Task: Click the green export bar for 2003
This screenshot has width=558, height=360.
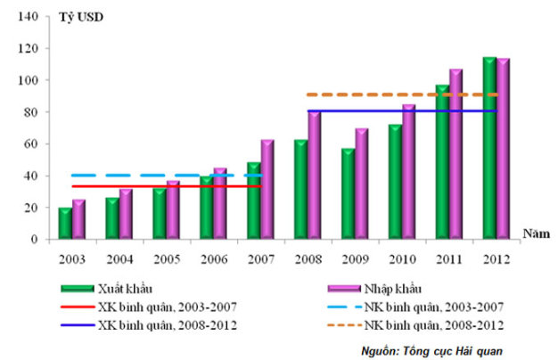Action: tap(65, 223)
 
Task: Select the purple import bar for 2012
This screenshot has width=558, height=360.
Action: tap(504, 148)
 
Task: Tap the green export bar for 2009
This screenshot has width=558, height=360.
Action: tap(348, 193)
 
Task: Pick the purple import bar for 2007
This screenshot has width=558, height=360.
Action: tap(267, 189)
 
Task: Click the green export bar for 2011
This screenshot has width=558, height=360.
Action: tap(442, 161)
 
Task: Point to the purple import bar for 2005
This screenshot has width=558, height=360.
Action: tap(173, 209)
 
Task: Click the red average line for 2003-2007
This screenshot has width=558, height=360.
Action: tap(167, 186)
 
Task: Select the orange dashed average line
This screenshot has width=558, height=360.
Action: tap(402, 94)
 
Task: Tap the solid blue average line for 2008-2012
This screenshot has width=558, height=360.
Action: tap(402, 111)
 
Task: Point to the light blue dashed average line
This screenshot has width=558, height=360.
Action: tap(168, 176)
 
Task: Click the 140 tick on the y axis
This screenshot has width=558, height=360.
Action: tap(29, 17)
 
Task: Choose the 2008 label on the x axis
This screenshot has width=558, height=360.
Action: tap(308, 259)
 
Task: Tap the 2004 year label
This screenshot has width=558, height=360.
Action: tap(119, 259)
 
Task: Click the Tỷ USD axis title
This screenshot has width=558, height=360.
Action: tap(81, 17)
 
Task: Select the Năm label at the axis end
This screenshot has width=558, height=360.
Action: tap(536, 233)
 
